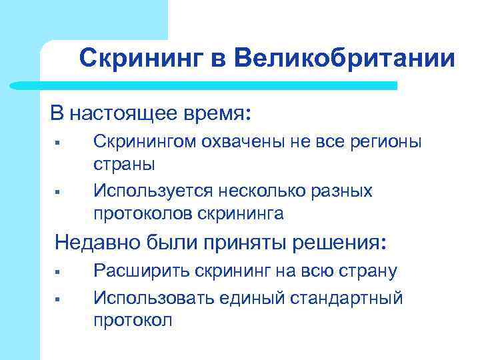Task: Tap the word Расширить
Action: pyautogui.click(x=142, y=271)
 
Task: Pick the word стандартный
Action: pyautogui.click(x=346, y=297)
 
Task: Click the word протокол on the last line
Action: pyautogui.click(x=133, y=319)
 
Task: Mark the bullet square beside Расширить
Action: pyautogui.click(x=59, y=271)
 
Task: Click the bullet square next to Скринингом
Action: pyautogui.click(x=59, y=142)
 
